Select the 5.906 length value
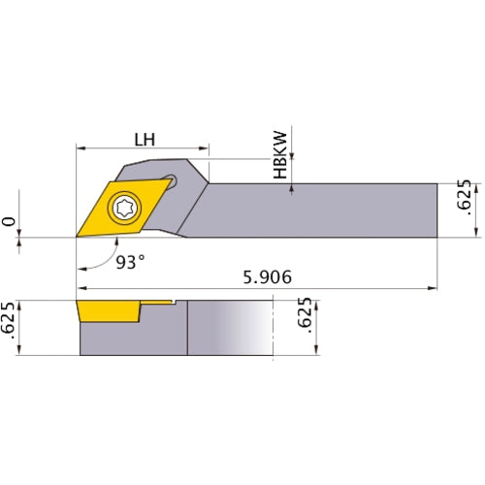coord(262,276)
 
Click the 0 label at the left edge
coord(11,223)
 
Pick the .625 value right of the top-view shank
coord(464,196)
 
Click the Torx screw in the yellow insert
coord(125,206)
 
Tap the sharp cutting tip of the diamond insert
coord(78,236)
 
